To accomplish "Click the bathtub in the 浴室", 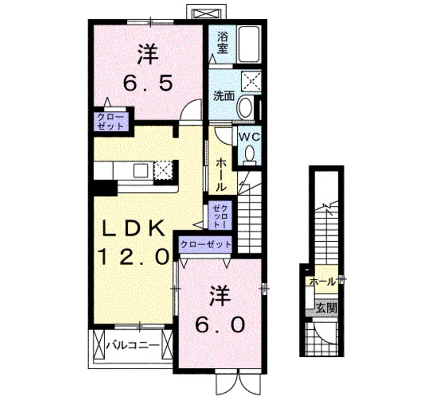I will (x=247, y=43).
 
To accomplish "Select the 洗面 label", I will (x=224, y=96).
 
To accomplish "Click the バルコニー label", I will (x=132, y=345).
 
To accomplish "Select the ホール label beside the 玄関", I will (x=322, y=282).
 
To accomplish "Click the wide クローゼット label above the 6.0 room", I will (x=206, y=244).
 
